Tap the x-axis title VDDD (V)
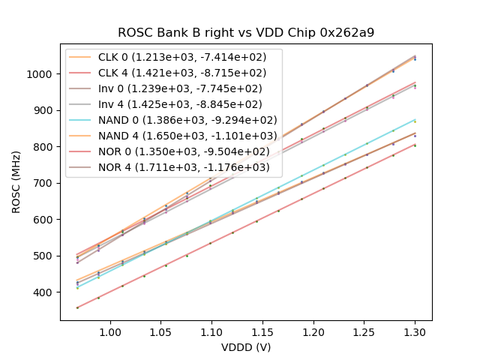click(246, 347)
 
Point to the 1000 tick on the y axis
click(40, 74)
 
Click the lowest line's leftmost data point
click(77, 307)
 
